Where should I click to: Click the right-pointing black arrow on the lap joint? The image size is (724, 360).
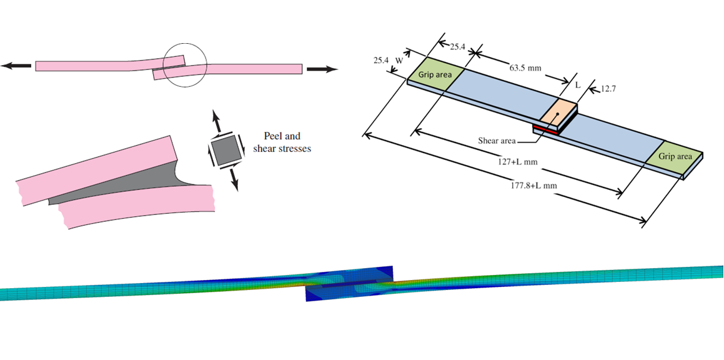[322, 69]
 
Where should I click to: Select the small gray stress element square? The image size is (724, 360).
[224, 151]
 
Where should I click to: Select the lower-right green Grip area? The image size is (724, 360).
[675, 157]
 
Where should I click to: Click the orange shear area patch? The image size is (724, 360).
[558, 113]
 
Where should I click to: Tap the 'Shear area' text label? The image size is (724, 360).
[497, 141]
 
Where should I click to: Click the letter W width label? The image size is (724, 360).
[399, 61]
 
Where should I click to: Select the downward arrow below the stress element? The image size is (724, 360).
[234, 181]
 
